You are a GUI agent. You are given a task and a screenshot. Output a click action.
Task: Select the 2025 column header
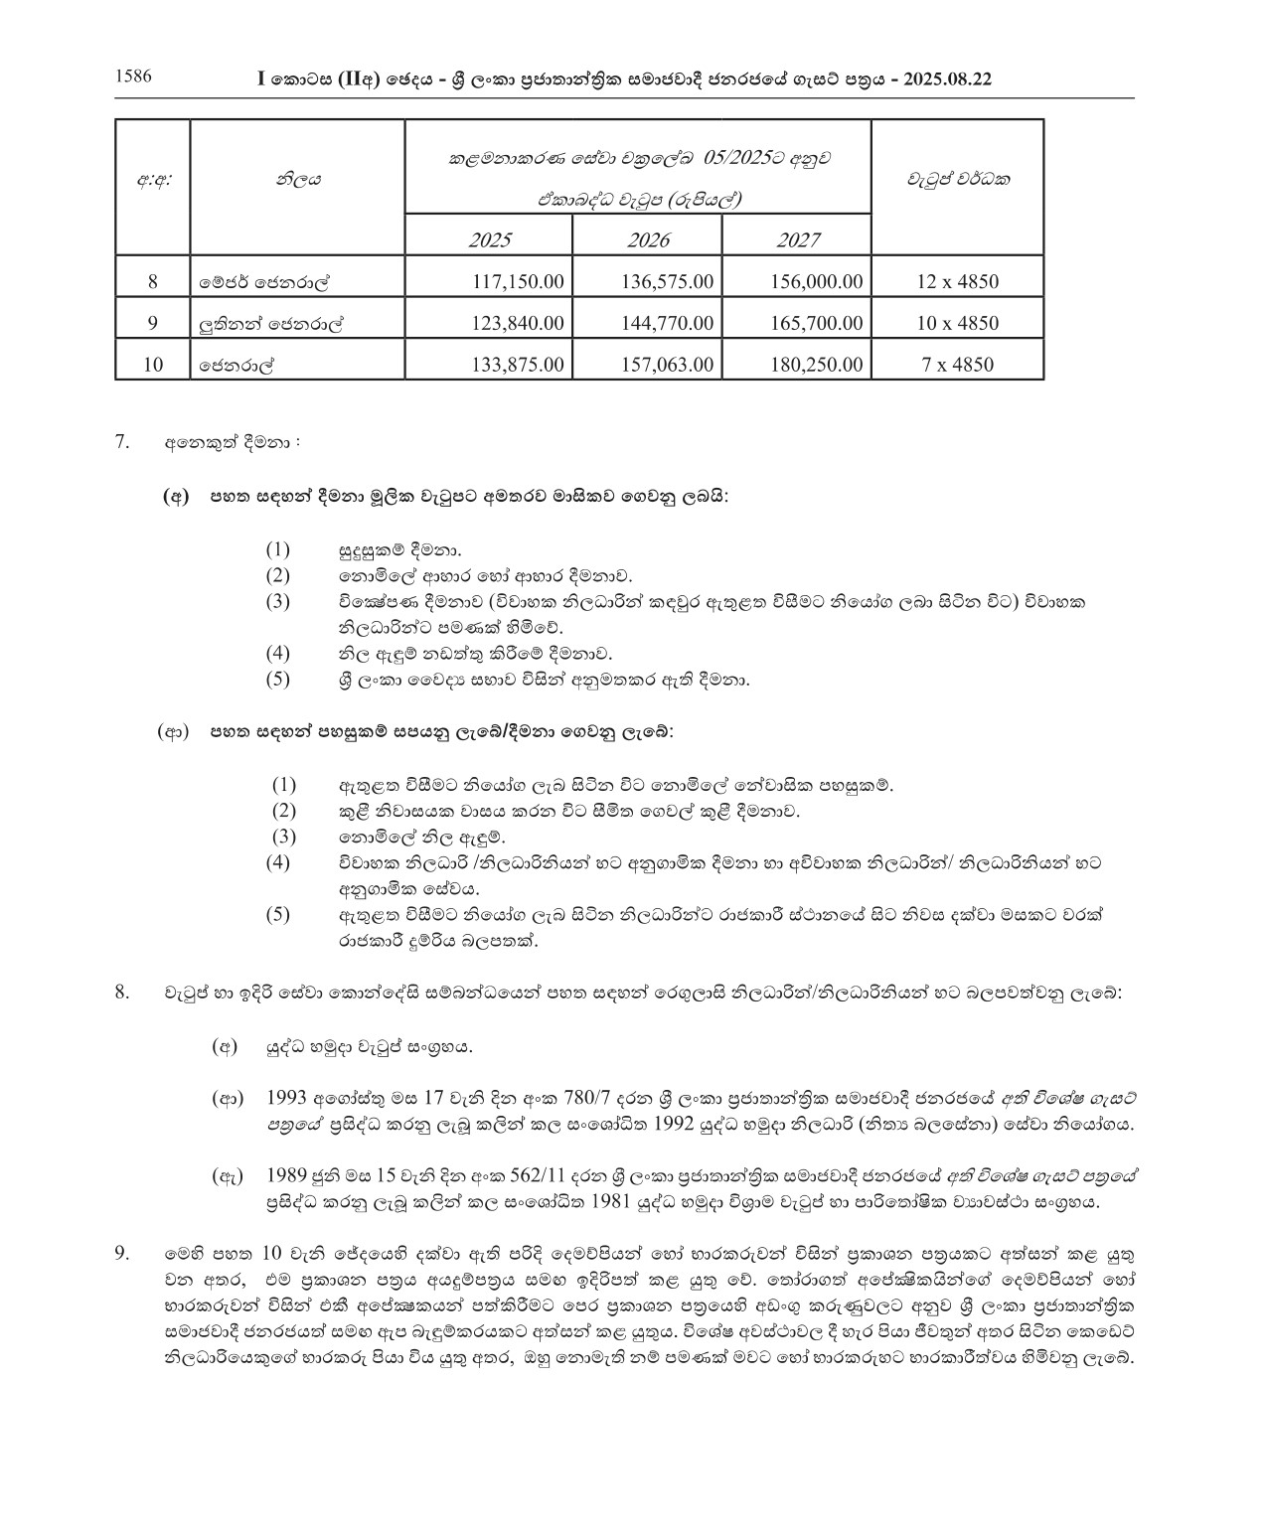[x=489, y=239]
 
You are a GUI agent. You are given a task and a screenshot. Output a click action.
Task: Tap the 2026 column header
[x=648, y=239]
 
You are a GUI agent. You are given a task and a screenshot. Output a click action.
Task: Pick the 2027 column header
[x=798, y=239]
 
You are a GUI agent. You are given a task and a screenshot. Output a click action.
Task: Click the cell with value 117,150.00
[x=518, y=281]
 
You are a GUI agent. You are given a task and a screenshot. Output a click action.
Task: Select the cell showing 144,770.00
[x=667, y=323]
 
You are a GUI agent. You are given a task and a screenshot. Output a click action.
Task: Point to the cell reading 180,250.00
[x=816, y=365]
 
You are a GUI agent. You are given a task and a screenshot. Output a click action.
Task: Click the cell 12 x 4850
[x=957, y=281]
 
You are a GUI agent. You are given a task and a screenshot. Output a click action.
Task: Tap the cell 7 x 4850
[x=957, y=365]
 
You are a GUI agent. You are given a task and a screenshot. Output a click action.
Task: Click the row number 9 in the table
[x=152, y=323]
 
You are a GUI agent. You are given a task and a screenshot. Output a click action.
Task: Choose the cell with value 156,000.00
[x=816, y=281]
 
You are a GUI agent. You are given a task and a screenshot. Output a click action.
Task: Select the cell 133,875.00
[x=518, y=365]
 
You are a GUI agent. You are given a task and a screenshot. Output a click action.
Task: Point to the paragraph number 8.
[x=122, y=992]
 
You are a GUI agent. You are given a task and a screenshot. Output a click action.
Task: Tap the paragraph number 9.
[x=122, y=1254]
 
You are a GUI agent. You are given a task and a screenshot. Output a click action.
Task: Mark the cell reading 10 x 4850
[x=957, y=323]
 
